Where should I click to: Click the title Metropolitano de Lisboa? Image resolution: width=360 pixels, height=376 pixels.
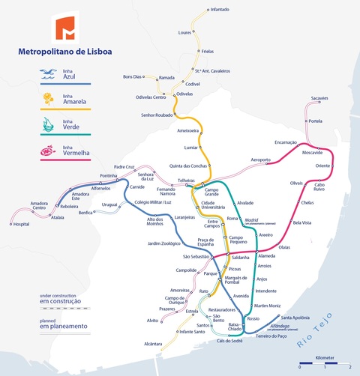tap(64, 52)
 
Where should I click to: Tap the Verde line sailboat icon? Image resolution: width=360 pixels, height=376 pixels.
tap(49, 124)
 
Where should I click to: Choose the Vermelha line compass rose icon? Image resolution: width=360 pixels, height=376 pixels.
tap(49, 150)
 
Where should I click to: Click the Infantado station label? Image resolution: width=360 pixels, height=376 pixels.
tap(220, 10)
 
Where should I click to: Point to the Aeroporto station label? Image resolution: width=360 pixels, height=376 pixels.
tap(260, 160)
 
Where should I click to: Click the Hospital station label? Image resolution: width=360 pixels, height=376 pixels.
tap(21, 224)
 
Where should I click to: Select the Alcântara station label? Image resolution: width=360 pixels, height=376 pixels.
tap(153, 344)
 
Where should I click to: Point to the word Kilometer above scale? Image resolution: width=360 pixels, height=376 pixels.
tap(326, 358)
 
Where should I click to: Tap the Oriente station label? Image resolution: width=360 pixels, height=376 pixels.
tap(322, 165)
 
